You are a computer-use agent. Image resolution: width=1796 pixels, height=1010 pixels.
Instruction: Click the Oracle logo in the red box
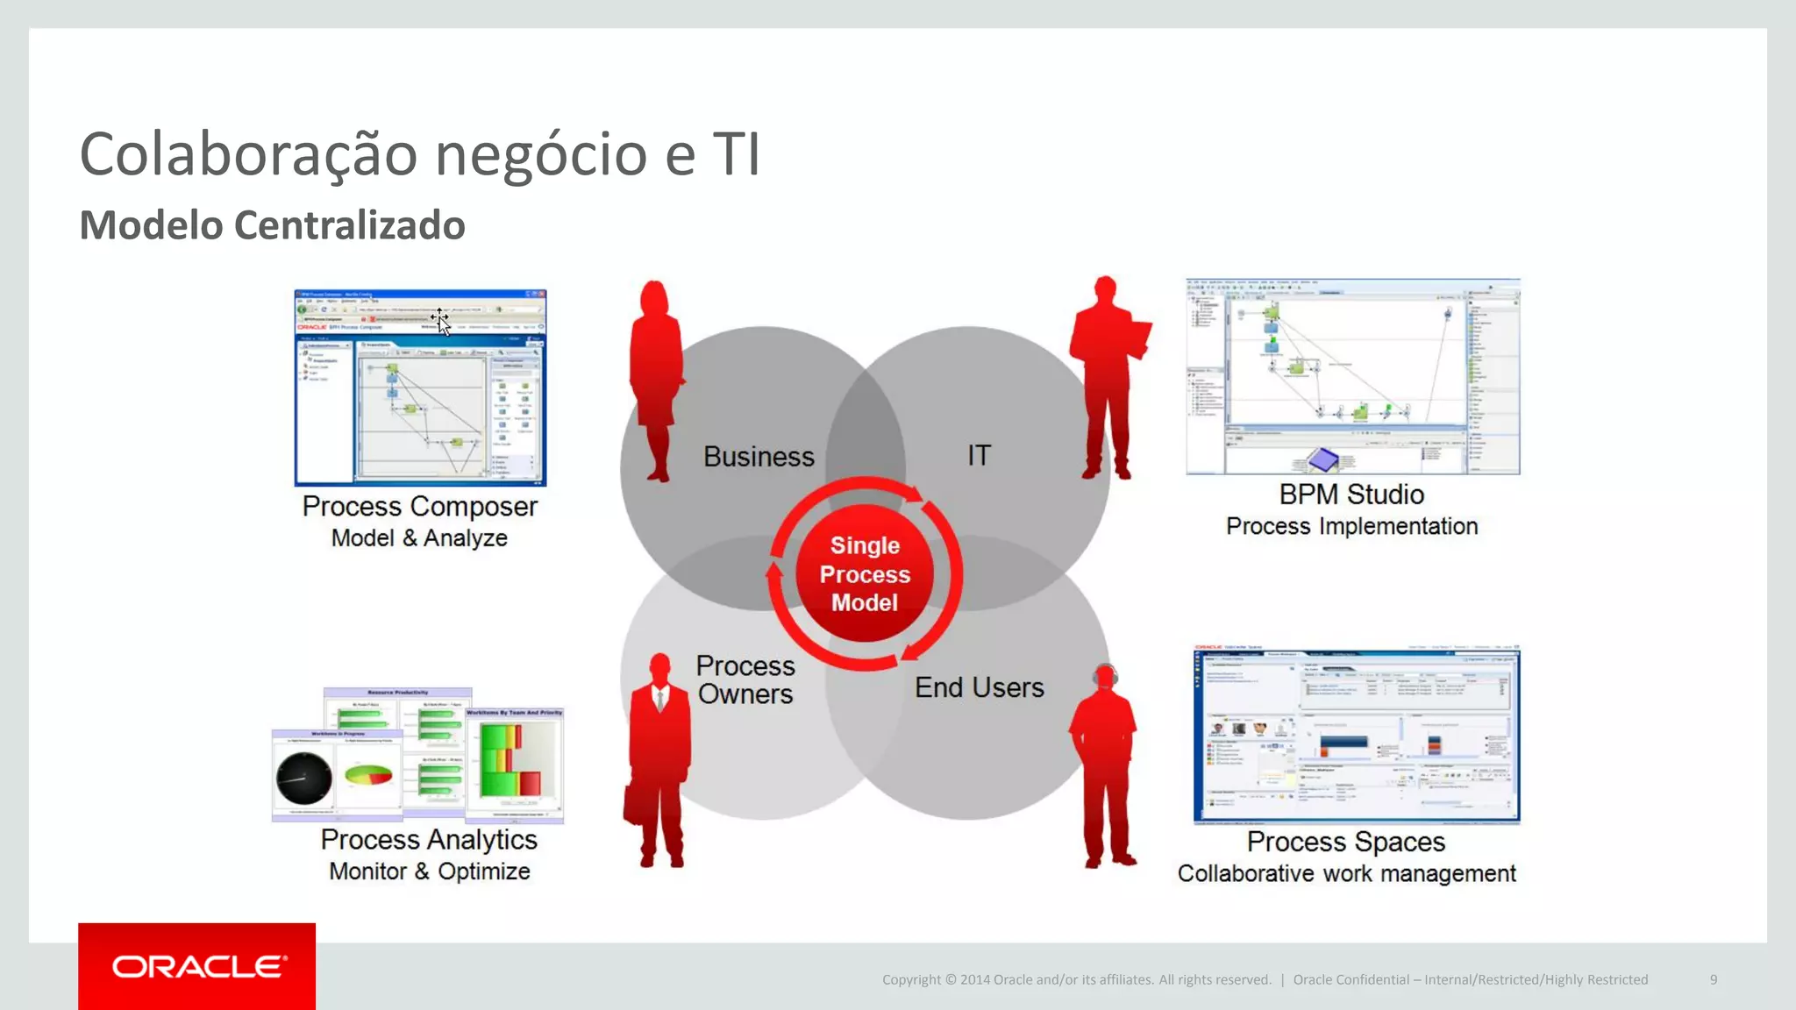click(x=198, y=966)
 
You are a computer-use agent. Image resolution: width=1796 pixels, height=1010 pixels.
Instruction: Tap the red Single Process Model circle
click(x=865, y=574)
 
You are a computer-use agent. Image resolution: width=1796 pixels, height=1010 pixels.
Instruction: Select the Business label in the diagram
click(x=759, y=457)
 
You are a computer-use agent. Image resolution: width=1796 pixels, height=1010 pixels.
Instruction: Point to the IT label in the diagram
click(x=979, y=455)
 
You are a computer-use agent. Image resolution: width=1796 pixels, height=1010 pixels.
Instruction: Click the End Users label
click(x=979, y=687)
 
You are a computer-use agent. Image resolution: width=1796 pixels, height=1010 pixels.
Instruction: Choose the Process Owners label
click(x=745, y=679)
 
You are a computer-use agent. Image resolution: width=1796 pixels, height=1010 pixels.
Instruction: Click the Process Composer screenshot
click(x=420, y=388)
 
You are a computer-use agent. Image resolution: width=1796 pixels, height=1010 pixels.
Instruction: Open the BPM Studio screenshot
click(x=1352, y=377)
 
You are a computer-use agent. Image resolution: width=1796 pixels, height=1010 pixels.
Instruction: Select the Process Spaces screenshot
click(x=1356, y=735)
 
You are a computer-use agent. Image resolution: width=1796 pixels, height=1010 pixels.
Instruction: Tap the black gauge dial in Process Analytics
click(x=303, y=778)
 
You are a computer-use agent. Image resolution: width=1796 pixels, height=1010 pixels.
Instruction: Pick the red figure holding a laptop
click(x=1108, y=377)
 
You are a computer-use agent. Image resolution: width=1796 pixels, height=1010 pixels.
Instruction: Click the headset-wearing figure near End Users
click(x=1105, y=763)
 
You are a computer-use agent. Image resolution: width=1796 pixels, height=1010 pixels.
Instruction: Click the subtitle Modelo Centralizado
click(x=272, y=225)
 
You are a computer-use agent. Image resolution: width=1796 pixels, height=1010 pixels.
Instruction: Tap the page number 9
click(x=1713, y=979)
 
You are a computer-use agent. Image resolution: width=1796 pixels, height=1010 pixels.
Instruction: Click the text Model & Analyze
click(x=419, y=538)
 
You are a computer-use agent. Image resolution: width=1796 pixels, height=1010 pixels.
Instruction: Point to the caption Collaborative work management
click(x=1346, y=873)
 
